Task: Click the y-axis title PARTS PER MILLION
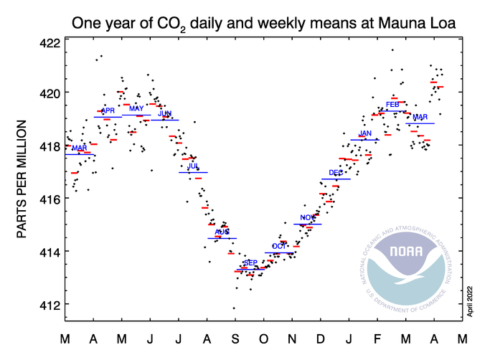22,179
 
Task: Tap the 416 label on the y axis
48,199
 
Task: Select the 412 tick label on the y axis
48,305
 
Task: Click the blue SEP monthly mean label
250,263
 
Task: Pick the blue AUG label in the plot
222,232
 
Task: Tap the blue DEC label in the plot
335,173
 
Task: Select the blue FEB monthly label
392,105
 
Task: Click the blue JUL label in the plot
193,166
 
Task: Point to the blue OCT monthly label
278,246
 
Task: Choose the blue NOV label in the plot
307,217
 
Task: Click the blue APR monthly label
108,111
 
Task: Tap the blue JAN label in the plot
364,133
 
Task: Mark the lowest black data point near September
233,308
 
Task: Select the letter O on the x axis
264,338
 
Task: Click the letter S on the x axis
236,338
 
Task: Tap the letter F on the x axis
377,338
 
